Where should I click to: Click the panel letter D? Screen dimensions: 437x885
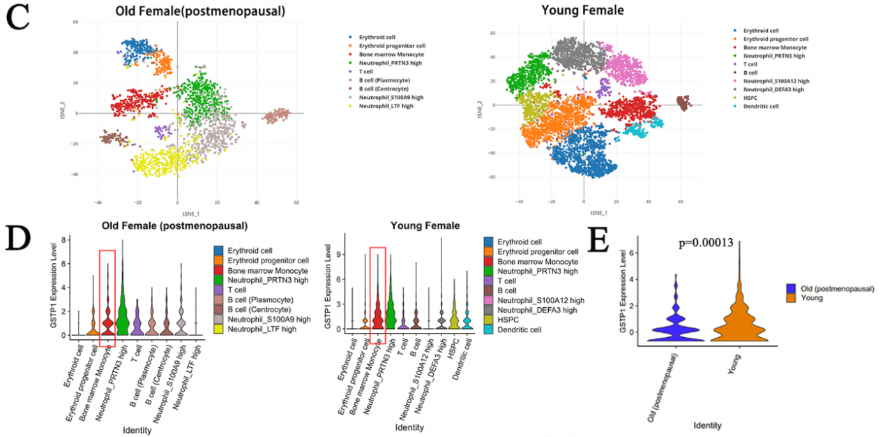pyautogui.click(x=18, y=239)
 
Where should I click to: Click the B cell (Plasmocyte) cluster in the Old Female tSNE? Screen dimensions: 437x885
pyautogui.click(x=277, y=115)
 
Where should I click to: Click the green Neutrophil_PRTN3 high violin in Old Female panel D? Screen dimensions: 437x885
pyautogui.click(x=123, y=314)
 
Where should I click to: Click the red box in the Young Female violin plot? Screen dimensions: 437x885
pyautogui.click(x=377, y=296)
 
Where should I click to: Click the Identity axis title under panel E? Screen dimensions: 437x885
pyautogui.click(x=707, y=425)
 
